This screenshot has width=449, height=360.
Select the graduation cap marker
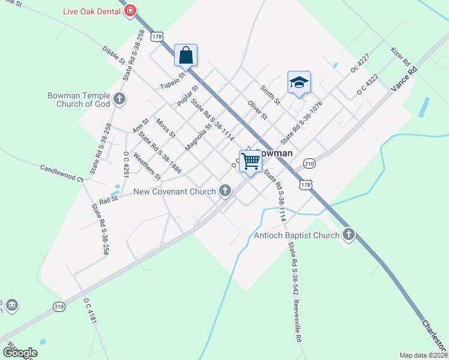299,82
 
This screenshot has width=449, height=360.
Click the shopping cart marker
251,160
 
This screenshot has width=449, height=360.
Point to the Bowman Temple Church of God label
79,100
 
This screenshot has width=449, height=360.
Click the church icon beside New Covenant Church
225,191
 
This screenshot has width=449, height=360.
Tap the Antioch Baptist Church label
297,235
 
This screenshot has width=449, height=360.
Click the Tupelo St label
170,82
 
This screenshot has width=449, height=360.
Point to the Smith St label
270,94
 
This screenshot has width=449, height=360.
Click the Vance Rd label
403,78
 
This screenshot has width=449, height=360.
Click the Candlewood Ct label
62,173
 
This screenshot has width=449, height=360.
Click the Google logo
20,352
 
